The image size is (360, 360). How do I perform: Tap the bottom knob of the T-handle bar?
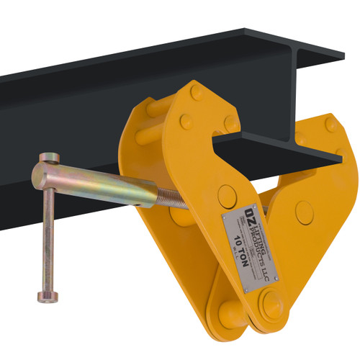coord(40,295)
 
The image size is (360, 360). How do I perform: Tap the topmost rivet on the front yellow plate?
coord(197,92)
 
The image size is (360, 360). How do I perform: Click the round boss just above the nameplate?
coord(226,193)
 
